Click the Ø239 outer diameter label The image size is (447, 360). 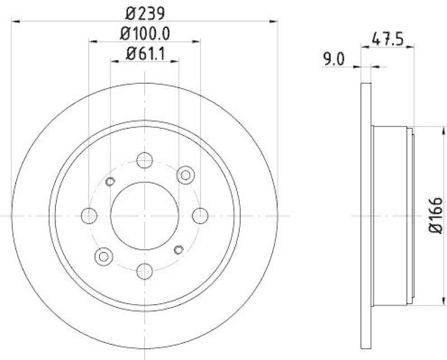144,12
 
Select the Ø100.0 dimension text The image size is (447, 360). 144,33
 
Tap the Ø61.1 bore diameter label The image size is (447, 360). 144,54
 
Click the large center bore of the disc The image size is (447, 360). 144,215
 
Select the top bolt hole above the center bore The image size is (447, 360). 144,159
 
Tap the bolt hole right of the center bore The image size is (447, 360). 199,215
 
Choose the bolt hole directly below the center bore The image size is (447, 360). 144,271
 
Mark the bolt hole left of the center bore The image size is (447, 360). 89,215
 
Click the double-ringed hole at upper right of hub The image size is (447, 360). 184,175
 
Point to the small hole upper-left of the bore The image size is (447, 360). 110,180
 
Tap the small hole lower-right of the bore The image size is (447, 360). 179,249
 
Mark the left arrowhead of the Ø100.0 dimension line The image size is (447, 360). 93,41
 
